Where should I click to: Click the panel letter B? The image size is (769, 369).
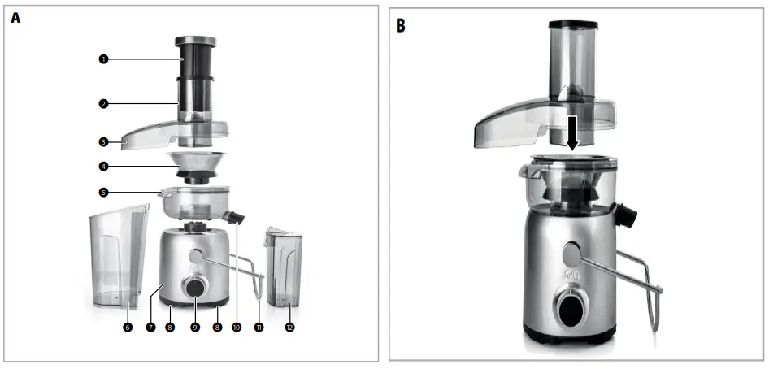click(x=400, y=25)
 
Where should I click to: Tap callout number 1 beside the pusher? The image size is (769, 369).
click(x=103, y=59)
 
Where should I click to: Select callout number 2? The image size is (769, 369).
click(x=103, y=104)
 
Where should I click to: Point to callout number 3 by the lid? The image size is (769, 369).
click(x=103, y=141)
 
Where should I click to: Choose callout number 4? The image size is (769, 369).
click(x=103, y=167)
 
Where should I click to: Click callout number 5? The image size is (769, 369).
click(x=103, y=193)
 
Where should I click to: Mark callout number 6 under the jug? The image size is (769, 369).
click(x=127, y=327)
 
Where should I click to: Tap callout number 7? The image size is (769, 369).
click(x=150, y=327)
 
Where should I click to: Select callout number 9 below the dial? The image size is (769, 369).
click(x=194, y=327)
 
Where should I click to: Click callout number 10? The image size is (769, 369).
click(x=237, y=327)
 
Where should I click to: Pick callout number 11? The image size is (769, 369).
click(x=259, y=327)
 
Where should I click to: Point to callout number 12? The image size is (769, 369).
click(x=289, y=327)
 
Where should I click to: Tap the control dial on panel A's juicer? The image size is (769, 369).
click(x=194, y=286)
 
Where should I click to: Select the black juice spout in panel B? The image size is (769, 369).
click(x=627, y=215)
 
